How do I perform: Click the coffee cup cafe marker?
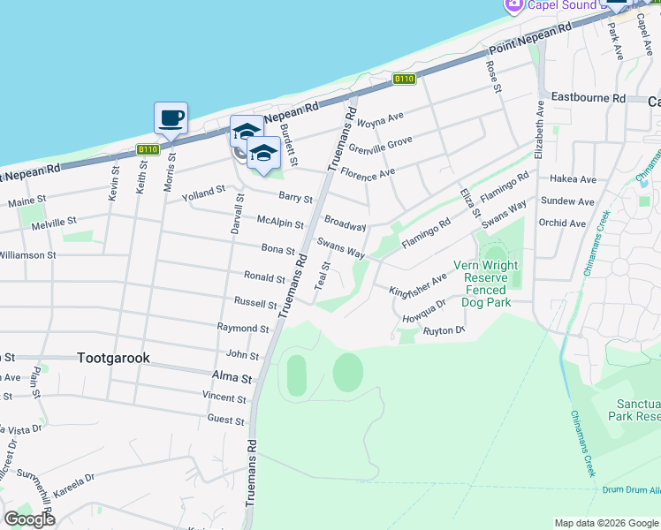point(171,117)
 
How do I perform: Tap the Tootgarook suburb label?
point(113,358)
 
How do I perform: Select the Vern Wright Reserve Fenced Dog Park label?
point(485,284)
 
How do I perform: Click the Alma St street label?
point(235,378)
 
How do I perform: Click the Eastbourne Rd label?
point(588,98)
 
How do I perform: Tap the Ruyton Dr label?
point(444,330)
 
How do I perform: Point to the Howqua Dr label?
point(424,314)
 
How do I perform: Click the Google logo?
point(29,519)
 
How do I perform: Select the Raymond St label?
point(242,328)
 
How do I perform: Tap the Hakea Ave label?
point(574,179)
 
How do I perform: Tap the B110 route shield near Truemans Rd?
point(404,79)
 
